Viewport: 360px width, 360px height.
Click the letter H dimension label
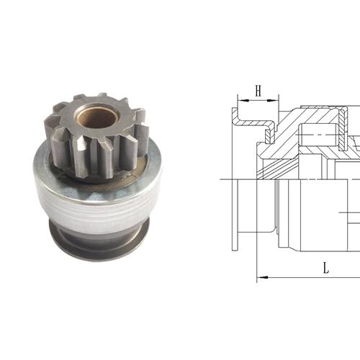pyautogui.click(x=256, y=90)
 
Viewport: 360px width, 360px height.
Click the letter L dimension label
pyautogui.click(x=326, y=268)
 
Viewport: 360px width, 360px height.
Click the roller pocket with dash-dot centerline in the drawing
pyautogui.click(x=317, y=132)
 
